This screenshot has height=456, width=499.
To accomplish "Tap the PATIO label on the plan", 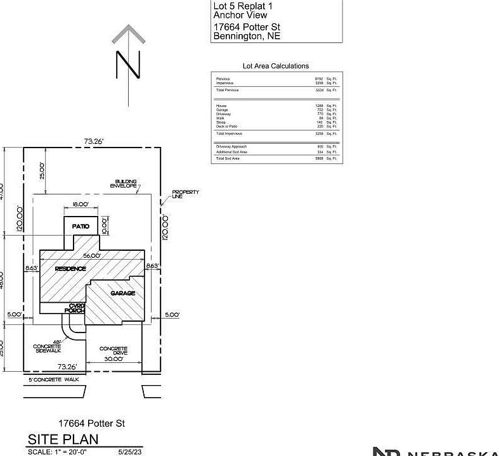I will [x=80, y=226].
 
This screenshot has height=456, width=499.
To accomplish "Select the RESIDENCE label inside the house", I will [x=70, y=269].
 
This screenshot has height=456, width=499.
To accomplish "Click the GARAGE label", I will [x=123, y=293].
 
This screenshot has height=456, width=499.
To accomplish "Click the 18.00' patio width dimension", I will [x=80, y=205].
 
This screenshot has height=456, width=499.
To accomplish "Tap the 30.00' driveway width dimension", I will [x=113, y=359].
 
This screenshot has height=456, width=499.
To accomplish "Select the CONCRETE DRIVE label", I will [x=113, y=351].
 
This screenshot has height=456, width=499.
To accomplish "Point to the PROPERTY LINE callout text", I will [x=185, y=194].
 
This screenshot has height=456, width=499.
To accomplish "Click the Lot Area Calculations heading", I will [x=276, y=66].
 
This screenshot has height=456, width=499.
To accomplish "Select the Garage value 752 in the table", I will [x=320, y=110].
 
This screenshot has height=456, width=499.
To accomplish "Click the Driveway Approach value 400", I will [x=320, y=147].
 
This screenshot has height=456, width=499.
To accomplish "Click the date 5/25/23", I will [x=130, y=452].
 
